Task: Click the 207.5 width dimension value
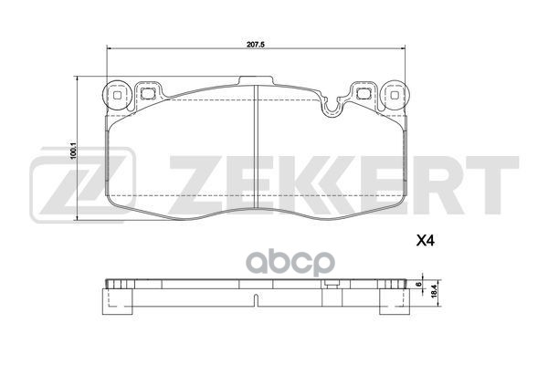click(x=255, y=42)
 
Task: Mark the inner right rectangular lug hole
click(x=361, y=91)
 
